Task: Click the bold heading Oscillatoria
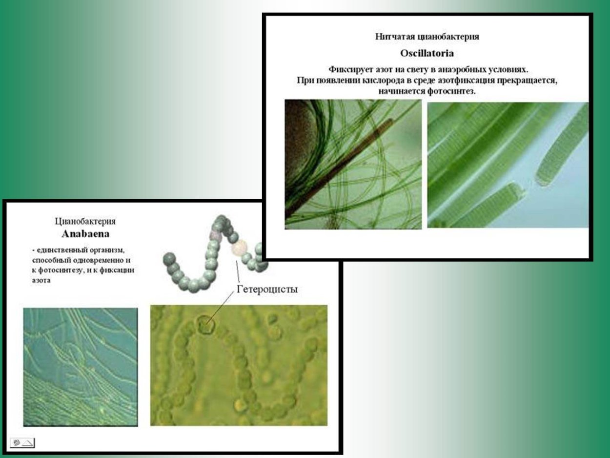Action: coord(427,53)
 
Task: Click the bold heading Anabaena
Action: coord(85,234)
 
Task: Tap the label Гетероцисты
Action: coord(267,289)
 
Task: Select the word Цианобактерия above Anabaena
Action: coord(85,221)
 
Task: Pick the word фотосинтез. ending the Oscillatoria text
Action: coord(451,91)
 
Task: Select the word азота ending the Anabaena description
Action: coord(41,280)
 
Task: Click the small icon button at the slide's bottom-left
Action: coord(22,443)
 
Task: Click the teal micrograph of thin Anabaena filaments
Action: coord(81,367)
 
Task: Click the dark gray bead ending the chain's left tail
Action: coord(169,259)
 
